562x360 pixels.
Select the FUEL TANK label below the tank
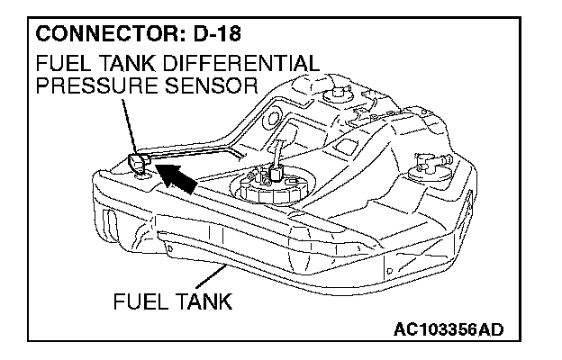coord(172,301)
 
